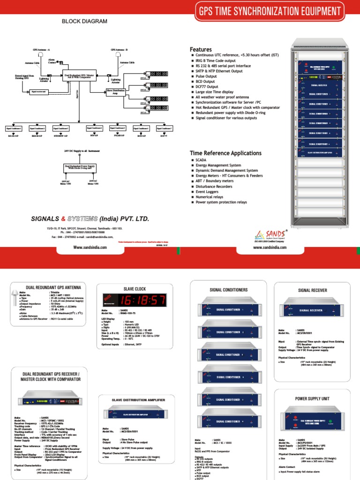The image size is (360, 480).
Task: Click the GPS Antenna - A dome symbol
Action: [x=41, y=55]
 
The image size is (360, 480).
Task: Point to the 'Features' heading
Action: [x=201, y=49]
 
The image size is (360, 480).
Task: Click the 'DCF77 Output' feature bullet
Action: [x=207, y=87]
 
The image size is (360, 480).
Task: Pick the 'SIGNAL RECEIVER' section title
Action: [x=310, y=290]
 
